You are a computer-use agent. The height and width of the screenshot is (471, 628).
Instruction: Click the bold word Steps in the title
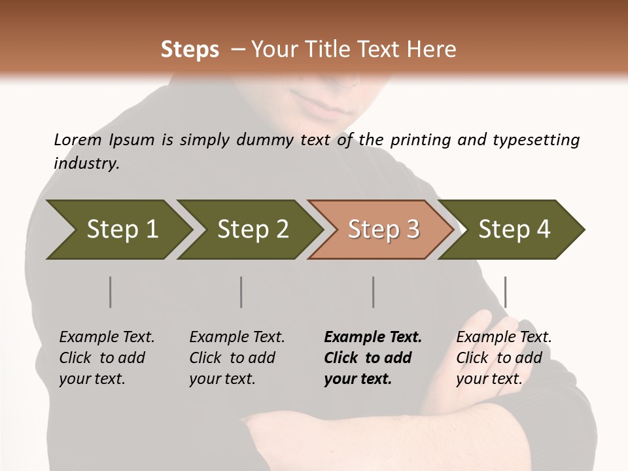tap(190, 50)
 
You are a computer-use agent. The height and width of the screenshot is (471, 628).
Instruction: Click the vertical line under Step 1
tap(111, 292)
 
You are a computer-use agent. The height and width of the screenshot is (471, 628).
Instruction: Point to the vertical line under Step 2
tap(241, 292)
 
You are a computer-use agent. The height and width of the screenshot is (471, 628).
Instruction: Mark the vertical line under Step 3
tap(373, 292)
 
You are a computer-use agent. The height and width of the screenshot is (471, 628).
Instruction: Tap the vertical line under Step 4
tap(506, 292)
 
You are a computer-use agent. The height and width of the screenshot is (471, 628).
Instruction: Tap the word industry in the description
tap(86, 164)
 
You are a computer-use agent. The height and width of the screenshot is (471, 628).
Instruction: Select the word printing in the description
tap(418, 140)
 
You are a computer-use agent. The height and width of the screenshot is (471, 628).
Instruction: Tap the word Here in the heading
tap(434, 50)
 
